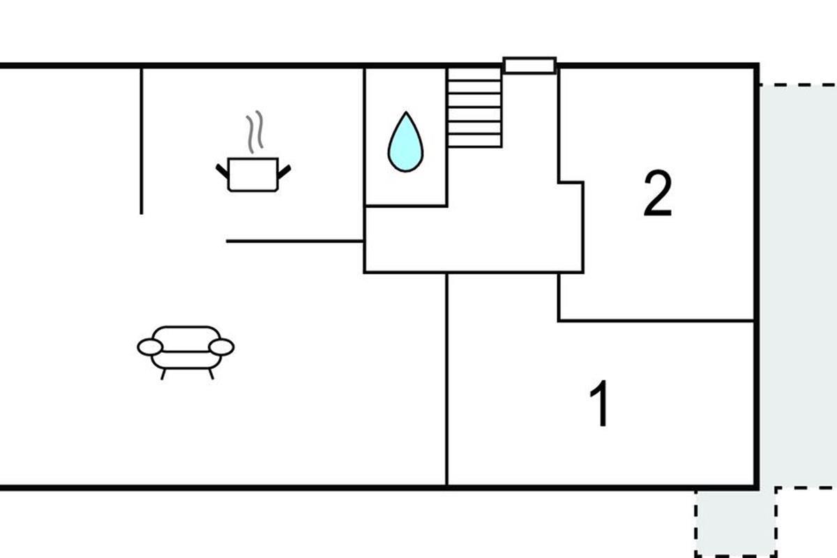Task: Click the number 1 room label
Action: (x=600, y=404)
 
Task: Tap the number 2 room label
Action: (x=657, y=195)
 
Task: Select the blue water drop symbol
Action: (x=405, y=143)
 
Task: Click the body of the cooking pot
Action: (x=252, y=174)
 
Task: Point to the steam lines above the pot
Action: (x=255, y=131)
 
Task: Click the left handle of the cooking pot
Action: (x=222, y=169)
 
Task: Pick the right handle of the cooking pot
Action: (x=284, y=169)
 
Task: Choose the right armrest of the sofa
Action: (x=223, y=347)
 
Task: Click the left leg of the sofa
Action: (x=164, y=374)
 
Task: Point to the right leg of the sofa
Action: (x=211, y=374)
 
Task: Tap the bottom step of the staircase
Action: (x=474, y=140)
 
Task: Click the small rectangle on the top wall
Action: (x=529, y=66)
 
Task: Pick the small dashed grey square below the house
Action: (x=735, y=522)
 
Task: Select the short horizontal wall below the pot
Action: (x=294, y=241)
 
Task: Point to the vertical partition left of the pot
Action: (x=142, y=139)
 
